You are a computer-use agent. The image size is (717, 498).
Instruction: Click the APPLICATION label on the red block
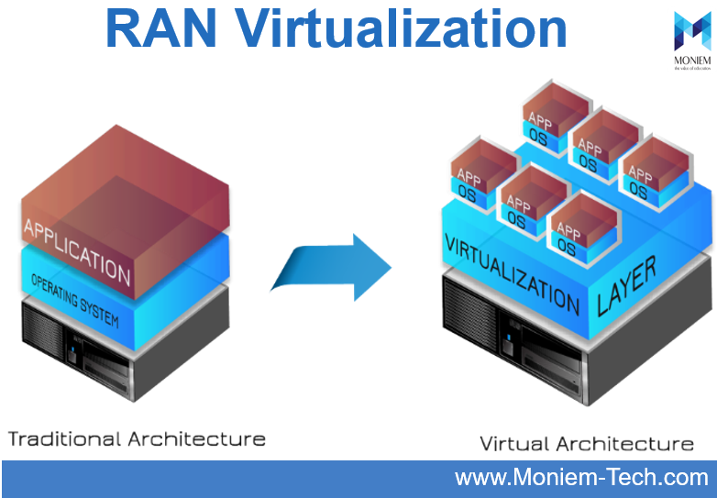click(78, 248)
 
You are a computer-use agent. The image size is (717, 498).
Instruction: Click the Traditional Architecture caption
click(137, 438)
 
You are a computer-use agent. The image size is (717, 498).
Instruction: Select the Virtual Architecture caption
click(587, 444)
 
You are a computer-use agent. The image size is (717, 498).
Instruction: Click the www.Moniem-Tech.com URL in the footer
click(582, 478)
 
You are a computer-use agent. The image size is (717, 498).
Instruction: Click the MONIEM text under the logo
click(692, 61)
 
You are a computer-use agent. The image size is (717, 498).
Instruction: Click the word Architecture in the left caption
click(196, 438)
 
